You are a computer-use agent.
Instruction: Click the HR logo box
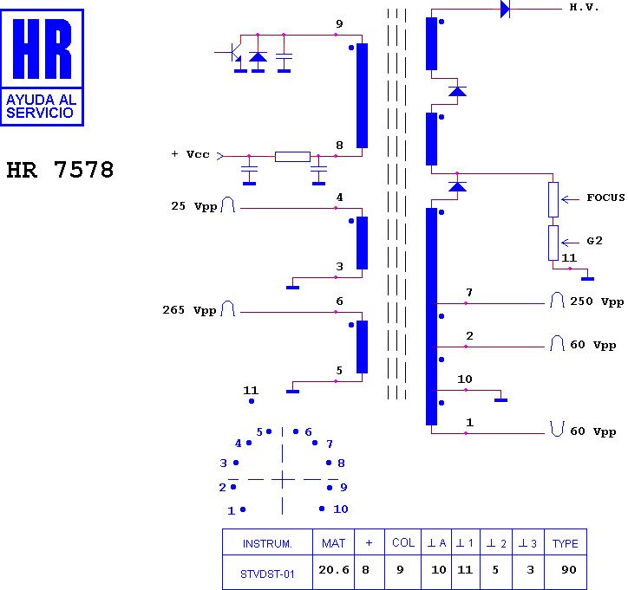(x=43, y=67)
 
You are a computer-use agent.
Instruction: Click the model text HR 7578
(x=60, y=170)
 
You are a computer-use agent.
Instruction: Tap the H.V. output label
(x=584, y=7)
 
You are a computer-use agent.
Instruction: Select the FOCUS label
(x=605, y=198)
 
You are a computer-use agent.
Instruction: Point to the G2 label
(x=594, y=242)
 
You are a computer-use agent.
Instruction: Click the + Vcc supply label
(x=190, y=154)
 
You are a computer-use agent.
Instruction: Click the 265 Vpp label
(x=189, y=310)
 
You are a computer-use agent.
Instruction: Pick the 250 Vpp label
(x=597, y=301)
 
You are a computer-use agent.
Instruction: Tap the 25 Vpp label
(x=193, y=207)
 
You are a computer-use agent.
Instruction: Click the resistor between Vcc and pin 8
(x=292, y=157)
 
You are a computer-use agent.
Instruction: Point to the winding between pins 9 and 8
(x=362, y=95)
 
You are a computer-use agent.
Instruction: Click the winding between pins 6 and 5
(x=362, y=347)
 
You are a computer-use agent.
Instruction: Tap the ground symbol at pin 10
(x=500, y=399)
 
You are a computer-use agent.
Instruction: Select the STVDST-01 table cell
(x=267, y=574)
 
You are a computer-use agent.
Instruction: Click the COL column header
(x=403, y=543)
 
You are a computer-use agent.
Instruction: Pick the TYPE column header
(x=566, y=543)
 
